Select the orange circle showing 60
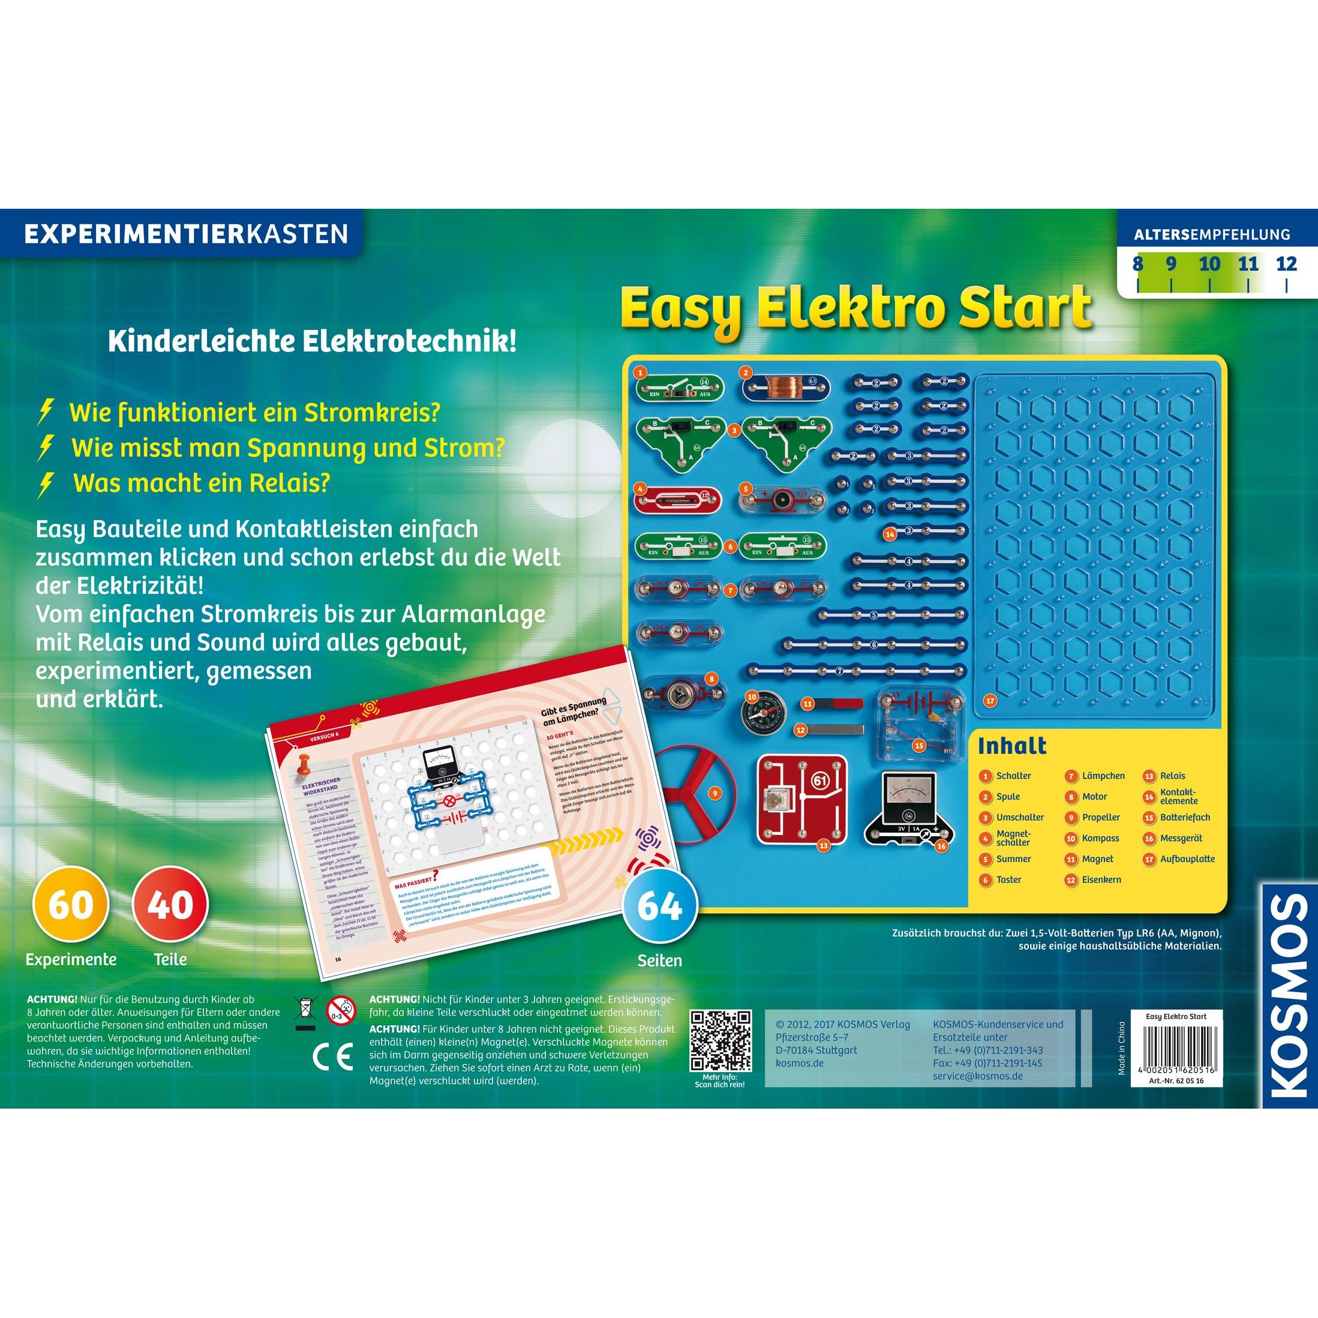click(x=71, y=905)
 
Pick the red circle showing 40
click(x=170, y=905)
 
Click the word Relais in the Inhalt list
click(x=1172, y=776)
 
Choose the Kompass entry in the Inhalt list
click(x=1100, y=837)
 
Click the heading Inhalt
click(x=1011, y=746)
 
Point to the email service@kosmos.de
click(x=978, y=1076)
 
